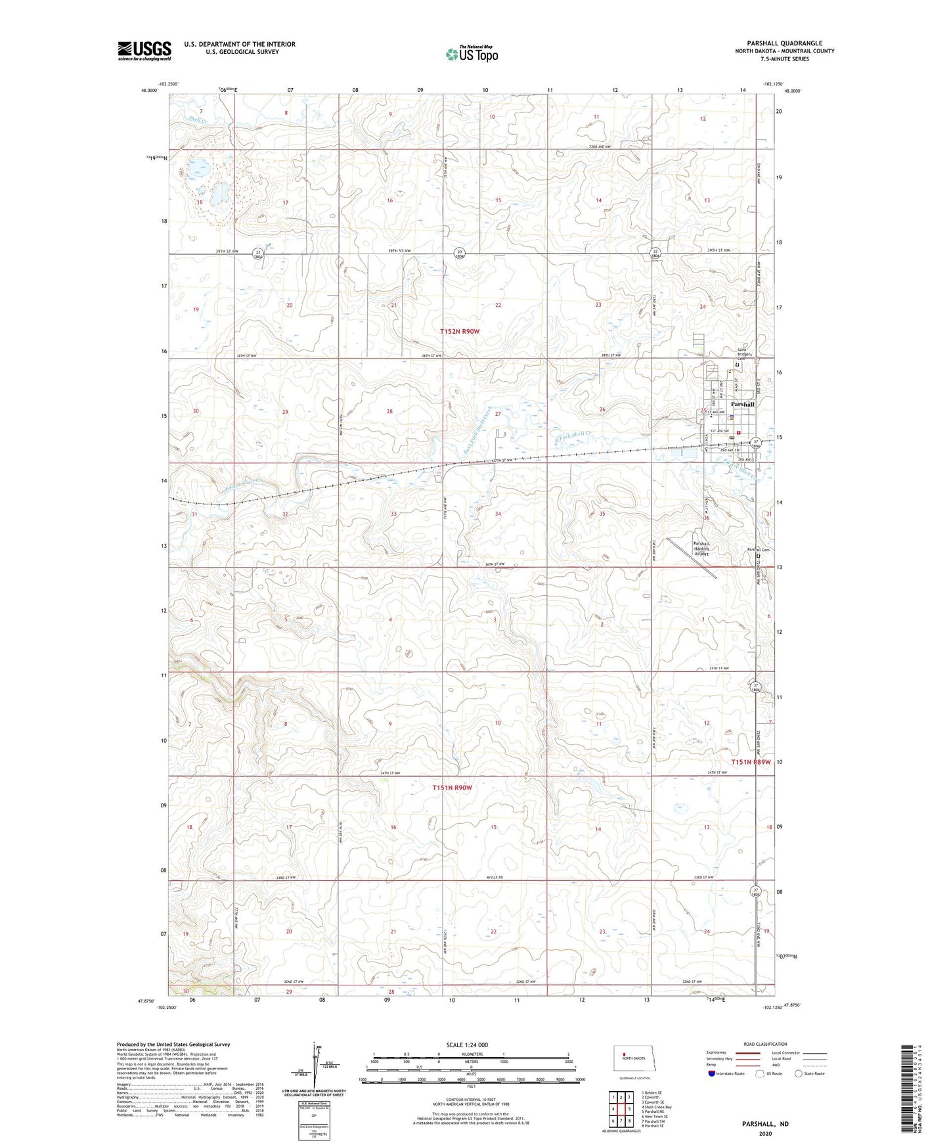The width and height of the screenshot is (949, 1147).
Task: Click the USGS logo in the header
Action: [x=144, y=51]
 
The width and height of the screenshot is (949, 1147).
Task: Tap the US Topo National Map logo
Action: [x=471, y=54]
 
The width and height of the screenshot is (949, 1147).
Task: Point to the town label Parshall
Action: [x=738, y=404]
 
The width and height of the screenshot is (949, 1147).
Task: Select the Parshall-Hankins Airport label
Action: [x=702, y=549]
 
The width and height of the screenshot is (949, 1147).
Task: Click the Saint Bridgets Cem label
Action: [x=743, y=353]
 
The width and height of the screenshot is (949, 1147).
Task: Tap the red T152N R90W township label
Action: [x=460, y=332]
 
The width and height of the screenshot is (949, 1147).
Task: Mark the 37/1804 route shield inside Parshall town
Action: [x=756, y=443]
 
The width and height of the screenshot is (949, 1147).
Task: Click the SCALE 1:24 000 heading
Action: [x=467, y=1045]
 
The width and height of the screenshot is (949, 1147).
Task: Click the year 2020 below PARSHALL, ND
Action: [x=765, y=1134]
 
